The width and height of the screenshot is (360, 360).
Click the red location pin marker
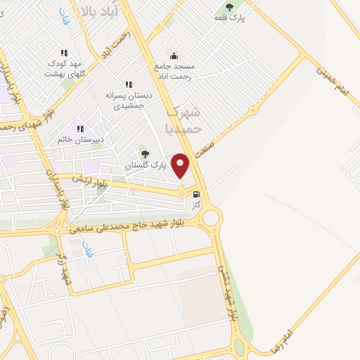[x=181, y=165]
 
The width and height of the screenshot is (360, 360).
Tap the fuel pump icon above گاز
[x=196, y=194]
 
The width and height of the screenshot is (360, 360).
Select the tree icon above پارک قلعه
[x=230, y=6]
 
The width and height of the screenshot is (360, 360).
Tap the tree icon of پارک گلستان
[x=146, y=154]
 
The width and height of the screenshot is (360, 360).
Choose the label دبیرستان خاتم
[x=80, y=139]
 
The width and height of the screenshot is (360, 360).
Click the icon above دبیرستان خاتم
[x=80, y=129]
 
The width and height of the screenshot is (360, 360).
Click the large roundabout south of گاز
[x=210, y=219]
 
